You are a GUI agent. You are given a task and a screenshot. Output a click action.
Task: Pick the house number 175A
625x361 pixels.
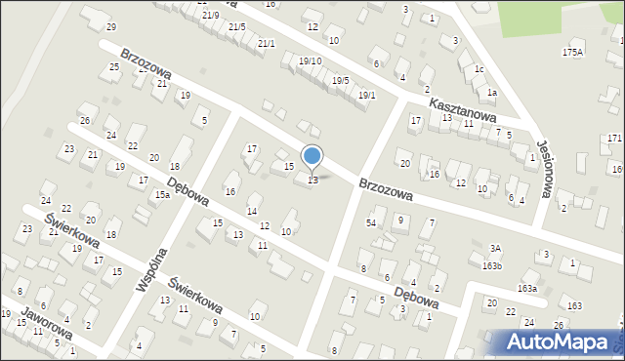pyautogui.click(x=573, y=52)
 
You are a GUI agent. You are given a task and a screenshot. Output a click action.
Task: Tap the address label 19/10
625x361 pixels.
pyautogui.click(x=310, y=61)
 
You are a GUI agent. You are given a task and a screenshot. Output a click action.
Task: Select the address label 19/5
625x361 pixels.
pyautogui.click(x=340, y=80)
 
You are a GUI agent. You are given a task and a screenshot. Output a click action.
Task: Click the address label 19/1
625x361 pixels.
pyautogui.click(x=366, y=95)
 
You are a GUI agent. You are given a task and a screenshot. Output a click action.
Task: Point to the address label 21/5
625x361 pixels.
pyautogui.click(x=236, y=26)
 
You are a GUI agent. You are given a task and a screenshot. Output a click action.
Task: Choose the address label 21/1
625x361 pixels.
pyautogui.click(x=266, y=43)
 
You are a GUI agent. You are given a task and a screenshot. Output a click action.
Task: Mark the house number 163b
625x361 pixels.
pyautogui.click(x=491, y=265)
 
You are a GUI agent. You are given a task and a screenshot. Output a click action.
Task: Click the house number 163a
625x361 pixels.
pyautogui.click(x=527, y=288)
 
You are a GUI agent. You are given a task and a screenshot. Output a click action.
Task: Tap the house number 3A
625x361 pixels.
pyautogui.click(x=495, y=248)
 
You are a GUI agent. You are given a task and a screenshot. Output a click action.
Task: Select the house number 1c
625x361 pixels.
pyautogui.click(x=479, y=69)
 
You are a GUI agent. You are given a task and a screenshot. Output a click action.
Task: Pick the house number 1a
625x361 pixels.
pyautogui.click(x=492, y=92)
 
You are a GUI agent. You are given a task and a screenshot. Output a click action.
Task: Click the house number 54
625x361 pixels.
pyautogui.click(x=371, y=223)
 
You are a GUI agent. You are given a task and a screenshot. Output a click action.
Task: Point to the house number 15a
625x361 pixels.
pyautogui.click(x=162, y=195)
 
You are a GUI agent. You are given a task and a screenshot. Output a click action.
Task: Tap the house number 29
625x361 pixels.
pyautogui.click(x=110, y=26)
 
